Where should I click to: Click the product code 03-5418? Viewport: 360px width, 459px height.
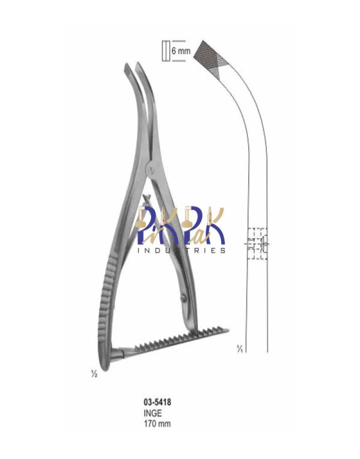click(x=157, y=402)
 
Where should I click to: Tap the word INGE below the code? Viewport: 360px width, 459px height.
click(x=152, y=413)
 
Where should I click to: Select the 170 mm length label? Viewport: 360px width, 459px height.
click(x=157, y=423)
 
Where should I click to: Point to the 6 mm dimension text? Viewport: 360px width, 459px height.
click(x=181, y=51)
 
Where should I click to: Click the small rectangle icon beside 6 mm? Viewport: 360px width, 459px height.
click(x=166, y=50)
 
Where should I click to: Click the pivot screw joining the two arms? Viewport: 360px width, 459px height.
click(x=150, y=169)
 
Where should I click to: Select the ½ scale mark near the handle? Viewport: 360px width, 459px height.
click(x=94, y=374)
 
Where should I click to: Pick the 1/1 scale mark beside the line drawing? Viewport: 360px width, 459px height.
click(x=240, y=349)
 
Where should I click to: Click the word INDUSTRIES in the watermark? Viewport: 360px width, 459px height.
click(x=181, y=251)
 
